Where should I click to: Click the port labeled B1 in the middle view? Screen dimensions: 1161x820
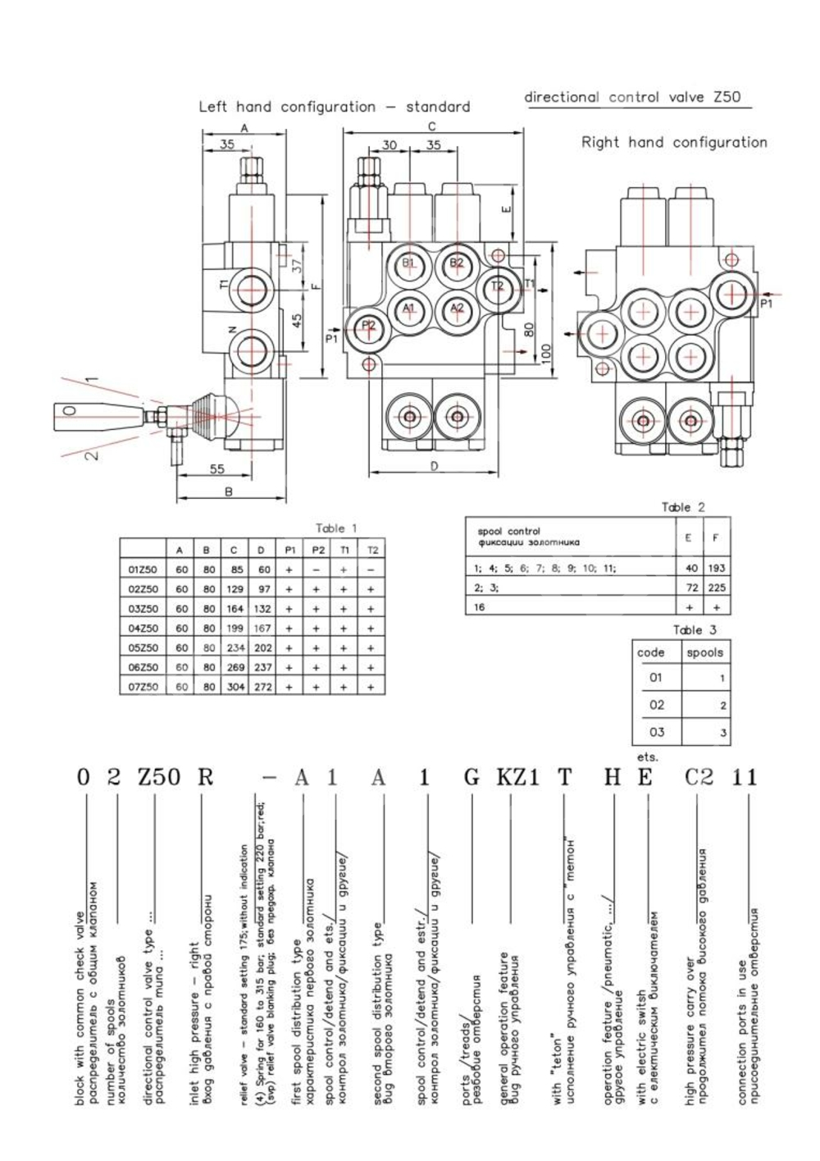[409, 263]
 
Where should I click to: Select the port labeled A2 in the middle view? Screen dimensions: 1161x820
[457, 308]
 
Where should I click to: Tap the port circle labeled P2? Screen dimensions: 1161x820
[367, 326]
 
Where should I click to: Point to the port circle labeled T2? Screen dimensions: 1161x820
[497, 286]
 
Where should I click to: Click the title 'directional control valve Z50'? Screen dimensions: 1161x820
[632, 97]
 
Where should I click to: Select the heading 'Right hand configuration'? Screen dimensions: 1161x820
[674, 142]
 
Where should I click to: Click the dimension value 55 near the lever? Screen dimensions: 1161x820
[216, 469]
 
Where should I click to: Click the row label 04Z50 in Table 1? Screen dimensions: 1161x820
[143, 628]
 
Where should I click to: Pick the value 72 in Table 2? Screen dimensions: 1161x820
[691, 587]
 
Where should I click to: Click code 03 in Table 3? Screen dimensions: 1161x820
[656, 732]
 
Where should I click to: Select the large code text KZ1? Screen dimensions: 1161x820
[517, 777]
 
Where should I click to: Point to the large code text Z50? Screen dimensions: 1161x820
[158, 777]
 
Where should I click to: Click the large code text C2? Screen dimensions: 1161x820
[699, 777]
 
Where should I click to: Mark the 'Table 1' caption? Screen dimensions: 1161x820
[336, 528]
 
